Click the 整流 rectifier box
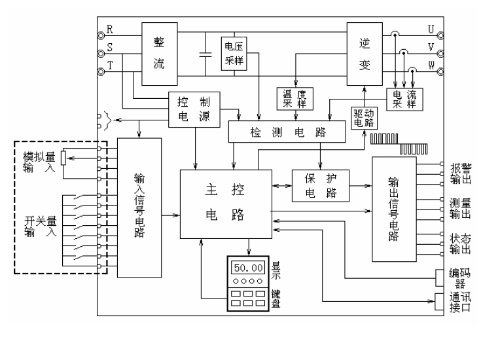pyautogui.click(x=158, y=54)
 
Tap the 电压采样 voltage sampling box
pyautogui.click(x=234, y=52)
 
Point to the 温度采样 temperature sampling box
pyautogui.click(x=294, y=98)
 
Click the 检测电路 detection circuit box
pyautogui.click(x=287, y=132)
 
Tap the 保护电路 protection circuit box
pyautogui.click(x=320, y=186)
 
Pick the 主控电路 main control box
pyautogui.click(x=225, y=203)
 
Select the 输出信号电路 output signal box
pyautogui.click(x=393, y=207)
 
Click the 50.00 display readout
pyautogui.click(x=249, y=268)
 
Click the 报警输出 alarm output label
pyautogui.click(x=461, y=171)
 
